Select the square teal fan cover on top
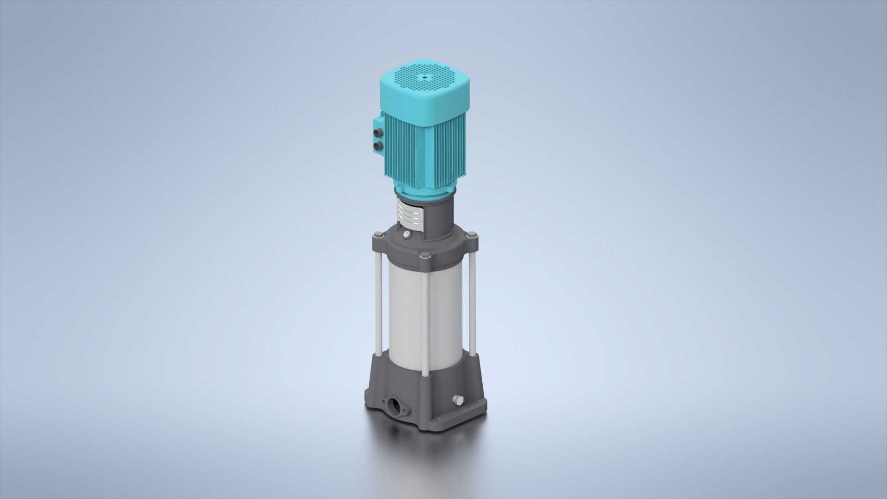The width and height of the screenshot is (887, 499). tap(425, 92)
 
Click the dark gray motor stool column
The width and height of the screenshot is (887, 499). tap(434, 217)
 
